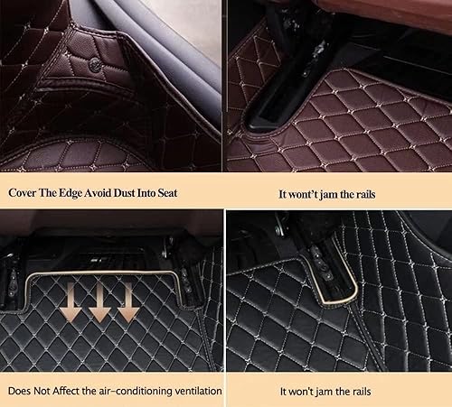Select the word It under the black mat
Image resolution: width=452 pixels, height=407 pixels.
(285, 392)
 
